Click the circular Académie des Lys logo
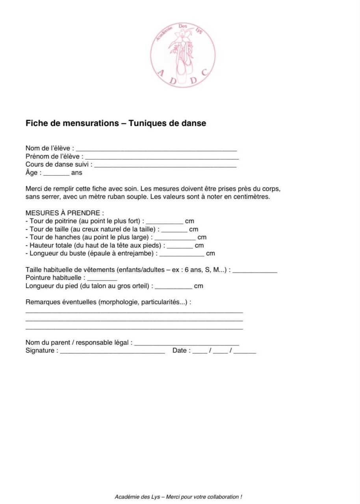tap(183, 55)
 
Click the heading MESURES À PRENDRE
tap(65, 213)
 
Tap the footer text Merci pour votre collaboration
tap(204, 497)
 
